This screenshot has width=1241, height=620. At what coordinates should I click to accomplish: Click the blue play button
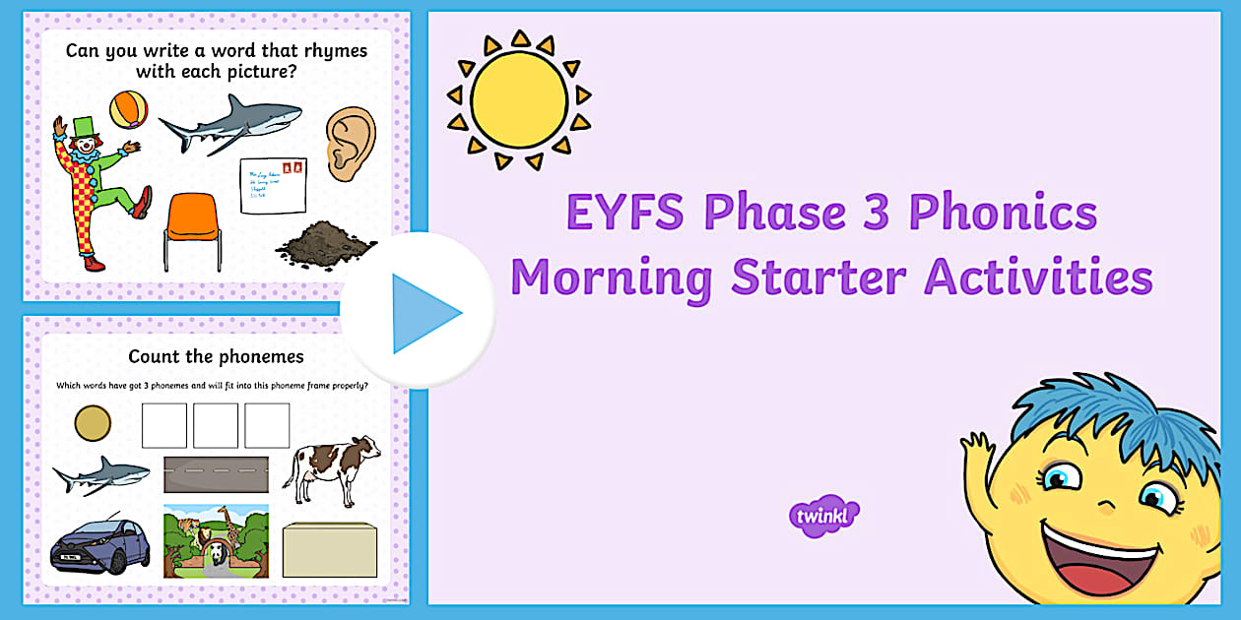coord(418,313)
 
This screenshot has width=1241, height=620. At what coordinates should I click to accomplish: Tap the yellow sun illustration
coord(518,98)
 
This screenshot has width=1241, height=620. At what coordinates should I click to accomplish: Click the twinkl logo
coord(824,515)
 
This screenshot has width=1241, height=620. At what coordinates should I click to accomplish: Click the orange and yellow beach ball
coord(128,109)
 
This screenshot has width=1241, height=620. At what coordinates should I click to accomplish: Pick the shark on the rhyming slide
coord(230,123)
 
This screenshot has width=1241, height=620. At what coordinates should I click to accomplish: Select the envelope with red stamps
coord(273,186)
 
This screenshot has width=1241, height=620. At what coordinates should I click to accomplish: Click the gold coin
coord(94,425)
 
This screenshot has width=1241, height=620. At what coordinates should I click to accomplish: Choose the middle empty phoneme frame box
coord(216,425)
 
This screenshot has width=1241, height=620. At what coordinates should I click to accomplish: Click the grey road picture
coord(215,474)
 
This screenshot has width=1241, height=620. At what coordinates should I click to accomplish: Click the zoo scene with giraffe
coord(215,540)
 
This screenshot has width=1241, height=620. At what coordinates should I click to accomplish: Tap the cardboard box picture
coord(329,549)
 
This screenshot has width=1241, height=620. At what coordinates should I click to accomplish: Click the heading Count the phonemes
coord(216,356)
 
